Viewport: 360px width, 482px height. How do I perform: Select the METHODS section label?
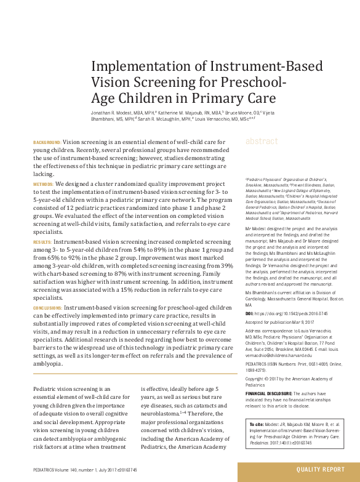[43, 184]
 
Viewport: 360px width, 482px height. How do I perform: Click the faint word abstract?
[262, 142]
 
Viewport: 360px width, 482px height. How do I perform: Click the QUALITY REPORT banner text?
[320, 470]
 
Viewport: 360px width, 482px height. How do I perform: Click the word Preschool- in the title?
[251, 82]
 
